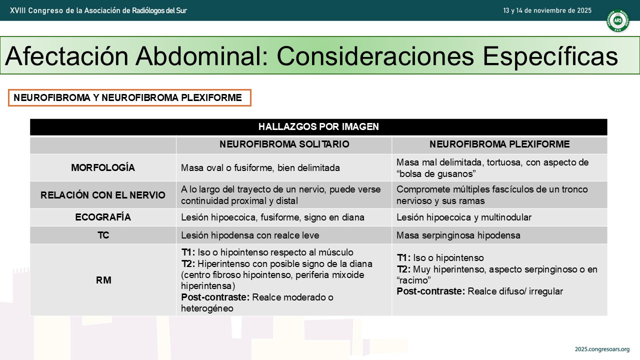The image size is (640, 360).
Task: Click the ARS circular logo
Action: coord(617,20)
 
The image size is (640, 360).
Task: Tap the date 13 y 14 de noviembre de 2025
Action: coord(547,10)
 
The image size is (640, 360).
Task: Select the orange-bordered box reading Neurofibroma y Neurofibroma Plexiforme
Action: coord(129,97)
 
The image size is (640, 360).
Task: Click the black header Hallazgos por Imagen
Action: coord(318,126)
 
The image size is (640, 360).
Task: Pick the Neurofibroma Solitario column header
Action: coord(284,144)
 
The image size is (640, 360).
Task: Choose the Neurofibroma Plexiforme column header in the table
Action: coord(499,144)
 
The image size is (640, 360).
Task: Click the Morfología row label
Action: coord(103,167)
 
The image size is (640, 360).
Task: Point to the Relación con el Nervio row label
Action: coord(103,195)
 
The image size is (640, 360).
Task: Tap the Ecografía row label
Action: coord(103,217)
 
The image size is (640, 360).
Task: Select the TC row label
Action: coord(103,235)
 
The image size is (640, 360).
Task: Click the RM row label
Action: coord(103,280)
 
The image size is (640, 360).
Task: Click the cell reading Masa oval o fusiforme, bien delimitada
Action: coord(260,167)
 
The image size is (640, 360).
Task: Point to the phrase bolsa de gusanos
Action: coord(436,174)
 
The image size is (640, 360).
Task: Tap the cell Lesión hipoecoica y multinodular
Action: coord(463,217)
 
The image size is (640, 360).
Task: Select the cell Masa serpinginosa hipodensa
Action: coord(458,235)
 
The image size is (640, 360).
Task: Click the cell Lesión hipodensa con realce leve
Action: coord(250,235)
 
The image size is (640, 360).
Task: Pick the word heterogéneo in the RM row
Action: coord(207,308)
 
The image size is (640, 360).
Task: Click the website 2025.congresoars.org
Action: coord(602,349)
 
